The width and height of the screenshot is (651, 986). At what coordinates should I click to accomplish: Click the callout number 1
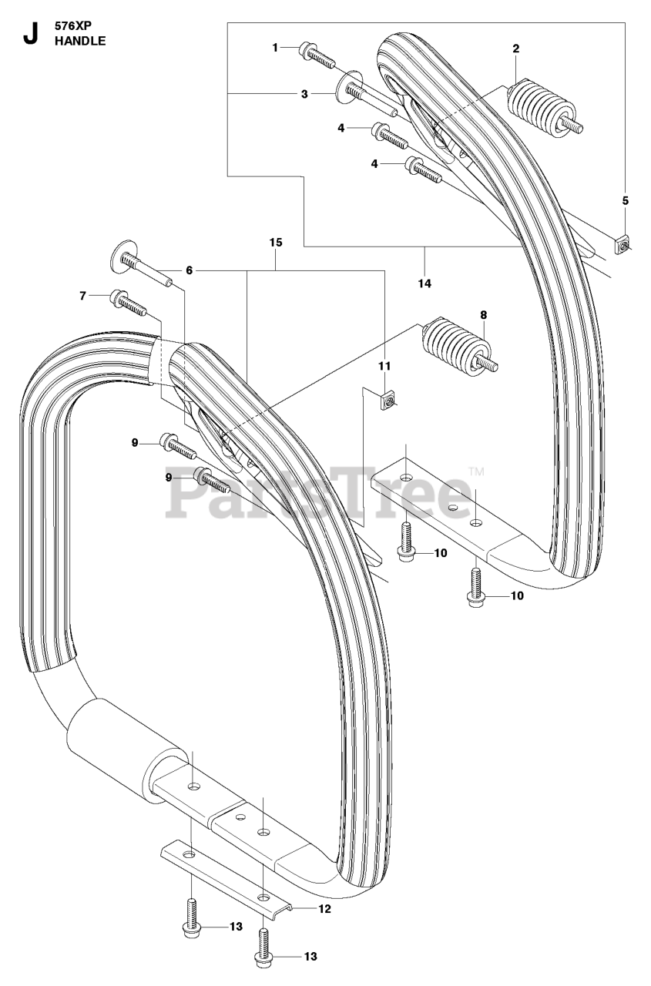[x=275, y=48]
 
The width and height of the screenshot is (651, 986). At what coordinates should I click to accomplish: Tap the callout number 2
[x=515, y=49]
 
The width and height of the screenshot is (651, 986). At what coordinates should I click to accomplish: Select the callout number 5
[x=625, y=201]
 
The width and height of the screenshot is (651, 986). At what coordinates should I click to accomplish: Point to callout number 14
[x=424, y=283]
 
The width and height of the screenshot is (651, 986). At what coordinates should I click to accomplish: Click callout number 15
[x=276, y=243]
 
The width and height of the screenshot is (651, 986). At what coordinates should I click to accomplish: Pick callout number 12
[x=324, y=909]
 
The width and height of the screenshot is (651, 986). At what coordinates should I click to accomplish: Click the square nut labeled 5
[x=623, y=244]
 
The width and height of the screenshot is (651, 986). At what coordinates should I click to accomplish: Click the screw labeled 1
[x=316, y=52]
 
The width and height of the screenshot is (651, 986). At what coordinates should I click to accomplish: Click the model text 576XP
[x=70, y=25]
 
